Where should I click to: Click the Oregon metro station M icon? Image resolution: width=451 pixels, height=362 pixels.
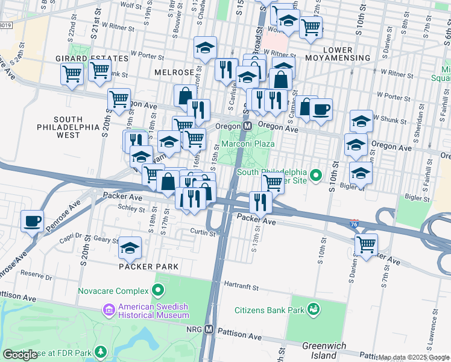[x=247, y=127]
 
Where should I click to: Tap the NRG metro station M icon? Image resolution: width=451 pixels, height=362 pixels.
[x=209, y=329]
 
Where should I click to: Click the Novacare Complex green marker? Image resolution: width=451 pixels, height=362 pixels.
[x=159, y=291]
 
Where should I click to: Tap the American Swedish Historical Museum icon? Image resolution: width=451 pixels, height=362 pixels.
[x=109, y=310]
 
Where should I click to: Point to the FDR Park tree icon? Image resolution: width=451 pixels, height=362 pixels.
[x=101, y=351]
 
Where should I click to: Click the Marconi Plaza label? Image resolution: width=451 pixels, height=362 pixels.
[x=247, y=144]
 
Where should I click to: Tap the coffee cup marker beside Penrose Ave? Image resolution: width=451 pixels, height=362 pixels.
[x=32, y=220]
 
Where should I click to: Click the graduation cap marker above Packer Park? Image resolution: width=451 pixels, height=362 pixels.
[x=130, y=247]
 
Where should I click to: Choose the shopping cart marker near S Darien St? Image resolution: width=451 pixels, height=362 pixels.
[x=366, y=244]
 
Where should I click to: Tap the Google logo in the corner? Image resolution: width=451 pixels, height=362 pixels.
[x=20, y=355]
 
